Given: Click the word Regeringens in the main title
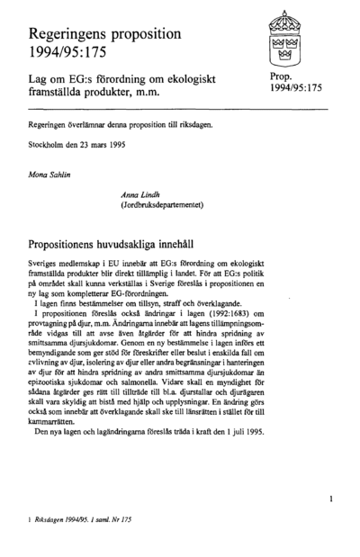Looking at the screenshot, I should tap(67, 32).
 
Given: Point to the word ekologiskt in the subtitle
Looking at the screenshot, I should tap(207, 81).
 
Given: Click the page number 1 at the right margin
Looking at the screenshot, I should tap(331, 496).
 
